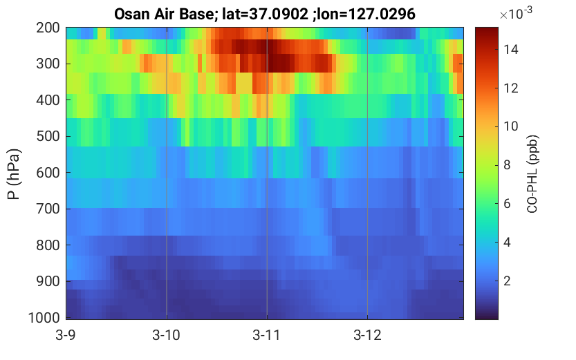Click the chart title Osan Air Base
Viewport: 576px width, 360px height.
pyautogui.click(x=163, y=15)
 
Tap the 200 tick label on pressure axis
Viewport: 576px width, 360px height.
pyautogui.click(x=48, y=28)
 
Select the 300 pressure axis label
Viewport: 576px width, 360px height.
pyautogui.click(x=48, y=64)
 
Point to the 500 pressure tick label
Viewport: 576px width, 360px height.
pyautogui.click(x=48, y=136)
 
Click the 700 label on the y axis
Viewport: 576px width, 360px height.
pyautogui.click(x=48, y=209)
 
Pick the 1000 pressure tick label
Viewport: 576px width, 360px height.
pyautogui.click(x=44, y=318)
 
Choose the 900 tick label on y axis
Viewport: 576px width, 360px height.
pyautogui.click(x=48, y=281)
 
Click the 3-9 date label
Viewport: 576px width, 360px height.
pyautogui.click(x=66, y=335)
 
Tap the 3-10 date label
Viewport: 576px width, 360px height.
pyautogui.click(x=167, y=335)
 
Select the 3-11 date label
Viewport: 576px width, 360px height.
pyautogui.click(x=267, y=335)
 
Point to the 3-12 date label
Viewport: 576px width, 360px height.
pyautogui.click(x=367, y=335)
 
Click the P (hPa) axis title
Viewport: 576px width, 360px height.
pyautogui.click(x=14, y=174)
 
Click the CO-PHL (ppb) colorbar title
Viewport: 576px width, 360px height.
pyautogui.click(x=532, y=174)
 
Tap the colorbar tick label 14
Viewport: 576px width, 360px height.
pyautogui.click(x=511, y=49)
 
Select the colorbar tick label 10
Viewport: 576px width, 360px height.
pyautogui.click(x=511, y=126)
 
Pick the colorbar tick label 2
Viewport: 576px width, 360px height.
pyautogui.click(x=507, y=281)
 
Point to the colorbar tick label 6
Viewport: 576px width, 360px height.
pyautogui.click(x=507, y=204)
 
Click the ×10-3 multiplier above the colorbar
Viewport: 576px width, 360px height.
pyautogui.click(x=516, y=13)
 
